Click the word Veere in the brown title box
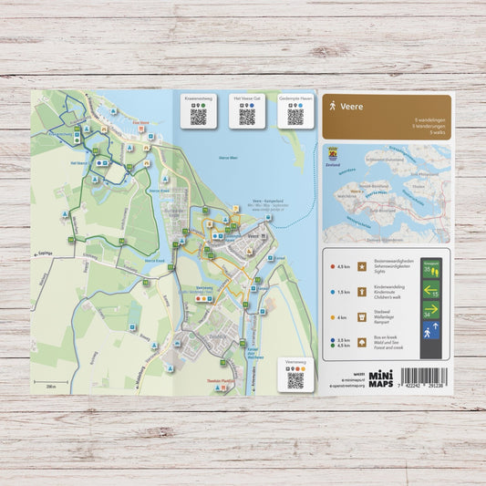click(352, 106)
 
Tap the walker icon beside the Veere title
click(333, 107)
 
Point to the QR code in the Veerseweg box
click(295, 380)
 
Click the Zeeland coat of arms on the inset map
click(333, 151)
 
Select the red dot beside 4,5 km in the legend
click(332, 267)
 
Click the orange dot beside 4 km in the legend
click(332, 317)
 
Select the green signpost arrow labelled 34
click(430, 310)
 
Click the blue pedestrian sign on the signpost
click(431, 331)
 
